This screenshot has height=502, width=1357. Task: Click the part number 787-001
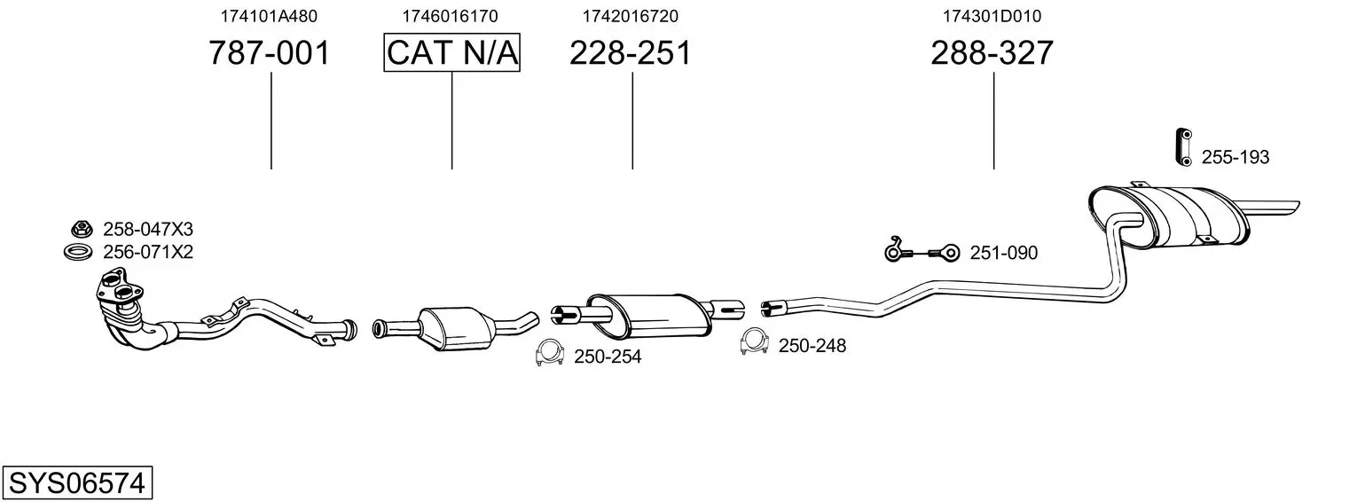[x=270, y=52]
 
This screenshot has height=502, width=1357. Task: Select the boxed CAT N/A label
[x=452, y=52]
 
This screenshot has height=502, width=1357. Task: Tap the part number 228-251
[x=630, y=52]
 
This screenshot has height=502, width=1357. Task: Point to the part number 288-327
[x=992, y=52]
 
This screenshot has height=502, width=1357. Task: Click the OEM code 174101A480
[x=269, y=16]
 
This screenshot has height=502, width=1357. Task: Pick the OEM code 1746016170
[x=450, y=16]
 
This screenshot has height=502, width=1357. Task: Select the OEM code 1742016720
[x=631, y=16]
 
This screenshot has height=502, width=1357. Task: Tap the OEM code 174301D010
[x=992, y=16]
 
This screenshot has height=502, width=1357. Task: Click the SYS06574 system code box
[x=77, y=483]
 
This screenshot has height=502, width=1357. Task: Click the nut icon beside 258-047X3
[x=82, y=229]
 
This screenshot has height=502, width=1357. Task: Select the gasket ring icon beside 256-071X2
[x=78, y=251]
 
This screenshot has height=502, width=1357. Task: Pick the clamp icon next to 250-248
[x=754, y=341]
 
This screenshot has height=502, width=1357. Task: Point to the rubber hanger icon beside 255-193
[x=1184, y=146]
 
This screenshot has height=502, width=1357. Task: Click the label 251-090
[x=1004, y=253]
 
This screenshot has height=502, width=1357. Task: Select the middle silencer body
[x=649, y=315]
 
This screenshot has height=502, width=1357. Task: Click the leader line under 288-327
[x=994, y=121]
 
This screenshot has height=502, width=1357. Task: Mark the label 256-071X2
[x=148, y=252]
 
